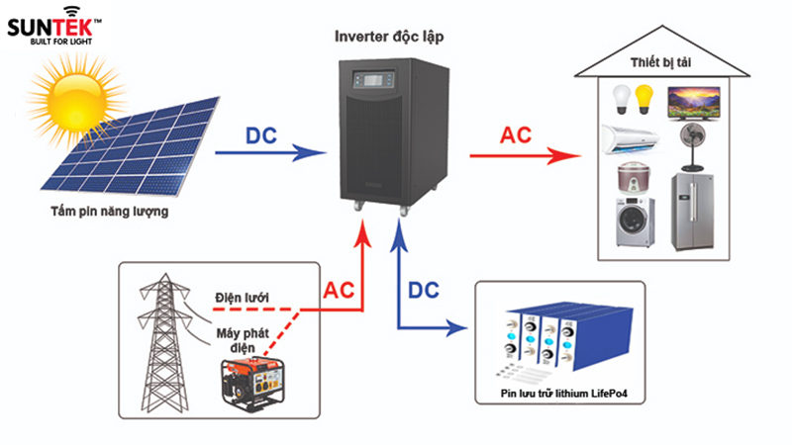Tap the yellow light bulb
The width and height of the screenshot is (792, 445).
644,97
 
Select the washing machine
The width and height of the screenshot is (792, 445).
635,222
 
